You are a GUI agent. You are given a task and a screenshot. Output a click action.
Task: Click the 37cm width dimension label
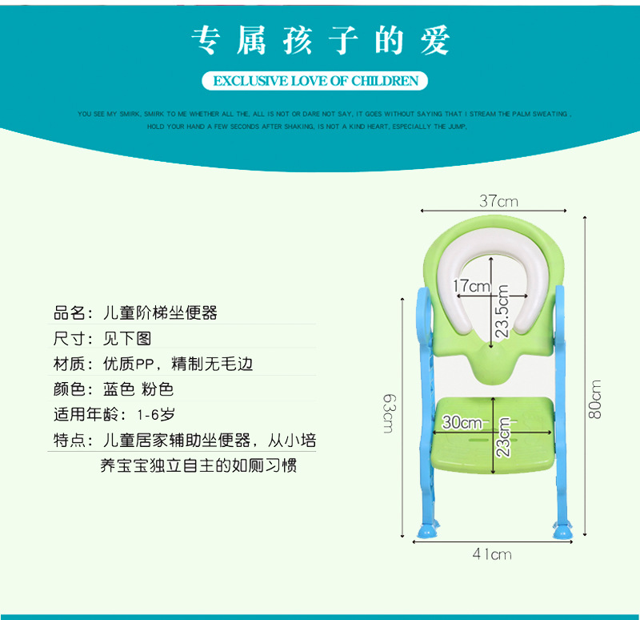click(498, 201)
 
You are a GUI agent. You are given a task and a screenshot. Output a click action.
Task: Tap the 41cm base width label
click(491, 554)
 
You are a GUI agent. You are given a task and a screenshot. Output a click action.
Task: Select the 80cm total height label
click(596, 398)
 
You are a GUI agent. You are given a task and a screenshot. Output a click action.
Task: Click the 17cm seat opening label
click(471, 286)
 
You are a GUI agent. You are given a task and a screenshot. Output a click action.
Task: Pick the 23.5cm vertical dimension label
click(502, 311)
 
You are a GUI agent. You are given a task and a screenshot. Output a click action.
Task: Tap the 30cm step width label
click(462, 422)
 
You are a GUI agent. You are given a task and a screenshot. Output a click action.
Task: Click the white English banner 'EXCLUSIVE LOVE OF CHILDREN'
click(315, 81)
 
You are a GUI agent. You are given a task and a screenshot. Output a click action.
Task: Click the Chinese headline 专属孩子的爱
click(320, 40)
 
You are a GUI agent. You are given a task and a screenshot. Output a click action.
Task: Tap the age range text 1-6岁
click(156, 415)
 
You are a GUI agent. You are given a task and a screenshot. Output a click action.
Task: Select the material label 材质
click(69, 364)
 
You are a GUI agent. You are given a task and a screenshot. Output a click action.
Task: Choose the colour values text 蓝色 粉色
click(138, 389)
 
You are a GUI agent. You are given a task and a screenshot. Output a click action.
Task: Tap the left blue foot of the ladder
click(426, 529)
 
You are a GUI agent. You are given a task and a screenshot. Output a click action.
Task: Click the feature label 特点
click(69, 440)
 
